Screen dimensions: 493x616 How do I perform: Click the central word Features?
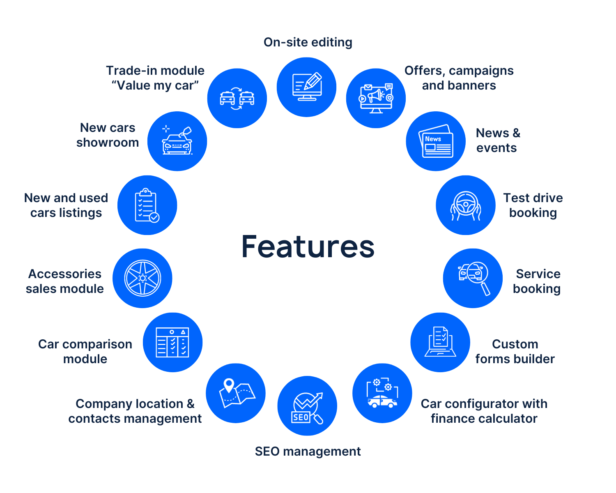coord(308,246)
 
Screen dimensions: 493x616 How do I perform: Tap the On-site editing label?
coord(308,42)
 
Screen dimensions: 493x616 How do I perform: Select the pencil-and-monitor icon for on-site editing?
coord(306,87)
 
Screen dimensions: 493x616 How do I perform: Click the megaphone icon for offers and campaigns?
coord(376,98)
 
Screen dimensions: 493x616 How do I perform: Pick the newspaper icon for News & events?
coord(436,141)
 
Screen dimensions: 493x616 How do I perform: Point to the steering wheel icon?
coord(466,205)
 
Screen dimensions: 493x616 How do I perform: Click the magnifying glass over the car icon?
coord(473,278)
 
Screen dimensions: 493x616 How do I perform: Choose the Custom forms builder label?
coord(515,351)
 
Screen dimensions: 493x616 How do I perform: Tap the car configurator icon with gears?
coord(382,393)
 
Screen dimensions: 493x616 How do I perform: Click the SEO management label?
coord(308,452)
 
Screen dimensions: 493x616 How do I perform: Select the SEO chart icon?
coord(307,406)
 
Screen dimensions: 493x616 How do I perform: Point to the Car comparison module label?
coord(85,351)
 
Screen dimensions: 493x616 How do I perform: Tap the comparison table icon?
coord(172,342)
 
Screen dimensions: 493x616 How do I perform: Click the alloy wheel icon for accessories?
coord(143,278)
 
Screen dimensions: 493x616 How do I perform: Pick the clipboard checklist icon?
coord(147,205)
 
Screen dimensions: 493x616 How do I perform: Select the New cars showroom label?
coord(108,135)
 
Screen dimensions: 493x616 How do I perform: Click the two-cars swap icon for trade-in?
coord(237,98)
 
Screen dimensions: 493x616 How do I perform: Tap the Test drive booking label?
coord(533,205)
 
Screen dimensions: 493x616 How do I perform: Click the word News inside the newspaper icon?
coord(433,139)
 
